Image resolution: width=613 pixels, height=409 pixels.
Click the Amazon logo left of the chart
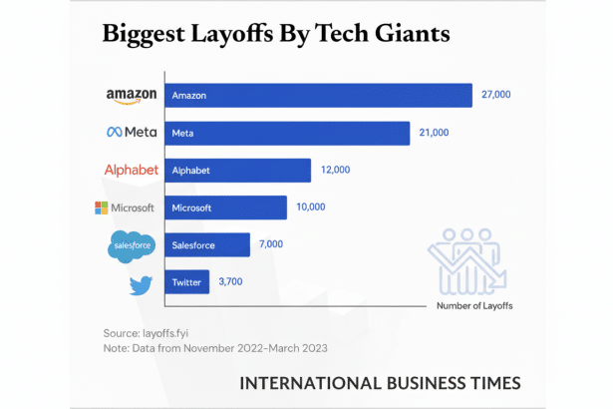(x=132, y=95)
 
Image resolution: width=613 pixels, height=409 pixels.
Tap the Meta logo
(x=132, y=133)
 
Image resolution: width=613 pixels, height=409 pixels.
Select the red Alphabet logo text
(x=131, y=170)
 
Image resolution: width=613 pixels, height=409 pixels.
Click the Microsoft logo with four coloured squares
(x=125, y=207)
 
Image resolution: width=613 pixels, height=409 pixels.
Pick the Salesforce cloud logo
(x=132, y=246)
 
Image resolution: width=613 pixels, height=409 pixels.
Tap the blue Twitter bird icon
(x=141, y=285)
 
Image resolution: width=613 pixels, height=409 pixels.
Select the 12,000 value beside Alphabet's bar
(x=334, y=171)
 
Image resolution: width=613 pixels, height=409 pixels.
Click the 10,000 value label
(x=310, y=207)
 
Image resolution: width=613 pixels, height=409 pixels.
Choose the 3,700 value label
(x=230, y=282)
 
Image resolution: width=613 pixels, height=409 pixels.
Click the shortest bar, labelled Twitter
(x=187, y=282)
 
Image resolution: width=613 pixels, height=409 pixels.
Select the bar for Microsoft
(x=226, y=207)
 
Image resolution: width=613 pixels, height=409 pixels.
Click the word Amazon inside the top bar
(x=189, y=96)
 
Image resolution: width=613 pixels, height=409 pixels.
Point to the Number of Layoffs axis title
(x=476, y=306)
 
